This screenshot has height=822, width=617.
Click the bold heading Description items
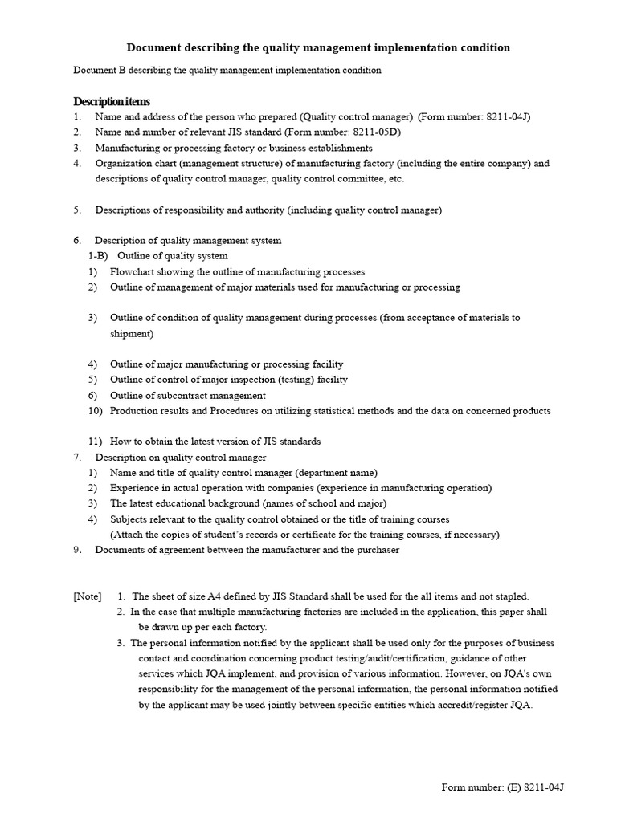pyautogui.click(x=111, y=101)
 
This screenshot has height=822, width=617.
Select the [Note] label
pyautogui.click(x=88, y=596)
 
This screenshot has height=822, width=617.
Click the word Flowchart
pyautogui.click(x=133, y=272)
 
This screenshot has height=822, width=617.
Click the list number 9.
pyautogui.click(x=77, y=550)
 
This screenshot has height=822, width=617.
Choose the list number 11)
pyautogui.click(x=96, y=442)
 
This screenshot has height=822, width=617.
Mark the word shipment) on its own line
pyautogui.click(x=132, y=333)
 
